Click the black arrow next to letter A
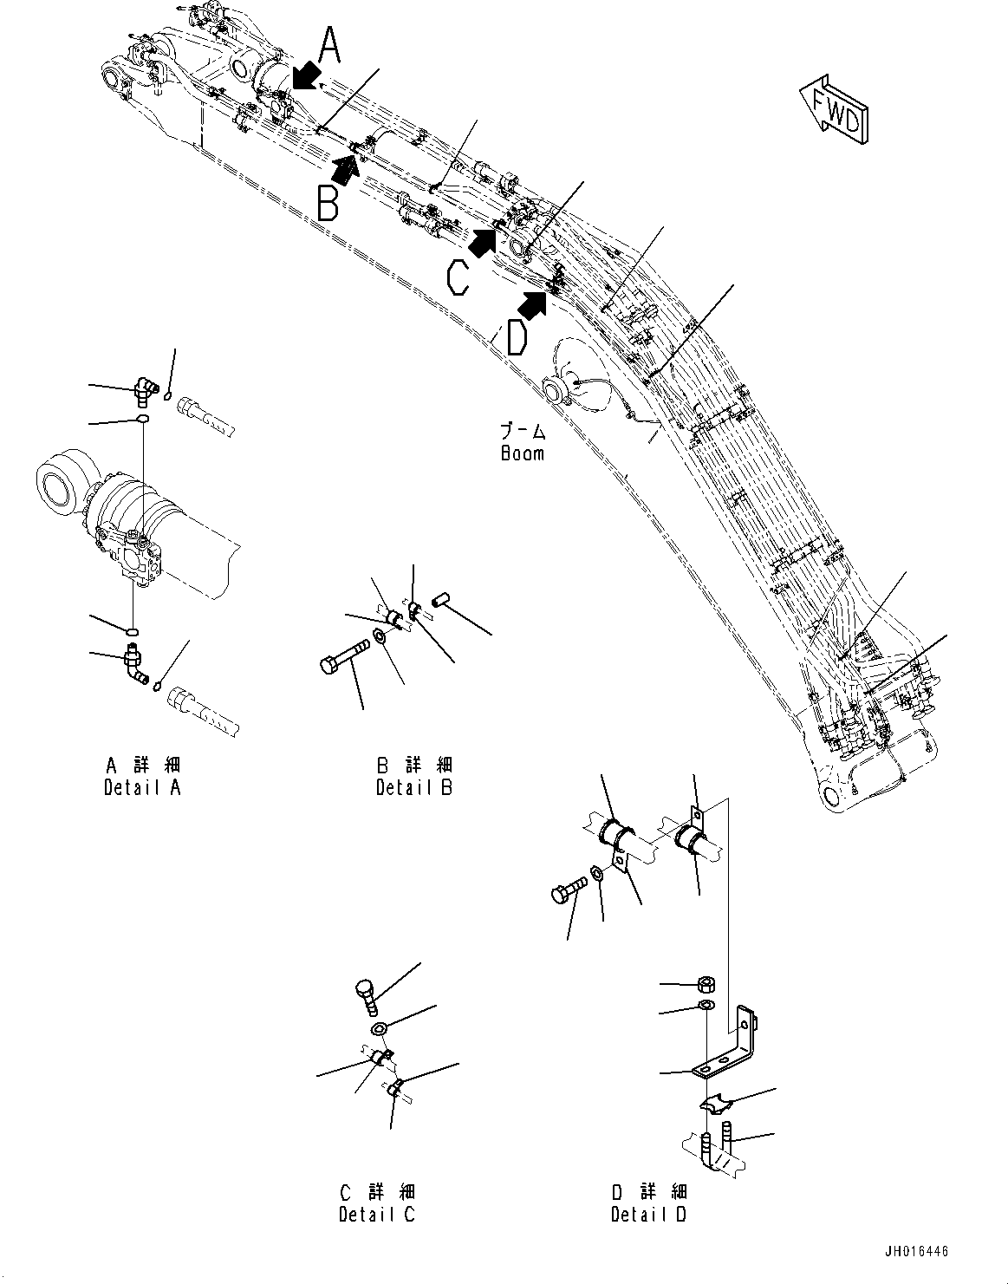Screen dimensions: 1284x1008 tap(304, 77)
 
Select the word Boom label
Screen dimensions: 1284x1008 tap(523, 453)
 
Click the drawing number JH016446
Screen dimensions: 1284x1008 tap(916, 1252)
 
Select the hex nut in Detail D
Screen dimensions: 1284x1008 tap(707, 983)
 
